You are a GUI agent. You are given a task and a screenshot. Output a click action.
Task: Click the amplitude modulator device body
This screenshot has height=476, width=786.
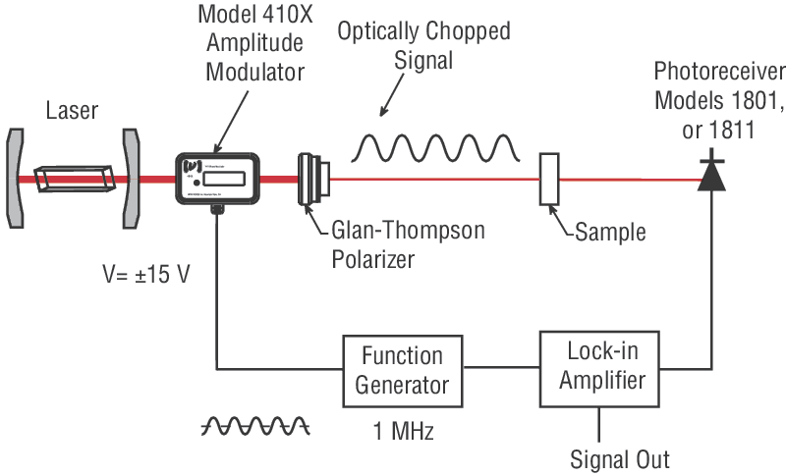tap(218, 177)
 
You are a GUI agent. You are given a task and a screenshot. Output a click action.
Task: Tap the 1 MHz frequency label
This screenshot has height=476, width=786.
tap(403, 428)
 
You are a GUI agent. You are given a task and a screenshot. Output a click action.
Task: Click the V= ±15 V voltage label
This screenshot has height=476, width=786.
tap(147, 272)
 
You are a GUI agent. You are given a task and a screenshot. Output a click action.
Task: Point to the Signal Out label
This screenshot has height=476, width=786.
tap(620, 458)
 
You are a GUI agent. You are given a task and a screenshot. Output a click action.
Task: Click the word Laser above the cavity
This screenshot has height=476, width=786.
tap(72, 110)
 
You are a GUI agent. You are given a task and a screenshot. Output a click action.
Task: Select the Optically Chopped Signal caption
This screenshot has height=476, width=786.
tap(423, 45)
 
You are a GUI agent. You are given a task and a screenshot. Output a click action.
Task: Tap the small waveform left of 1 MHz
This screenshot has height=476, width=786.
tap(255, 425)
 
